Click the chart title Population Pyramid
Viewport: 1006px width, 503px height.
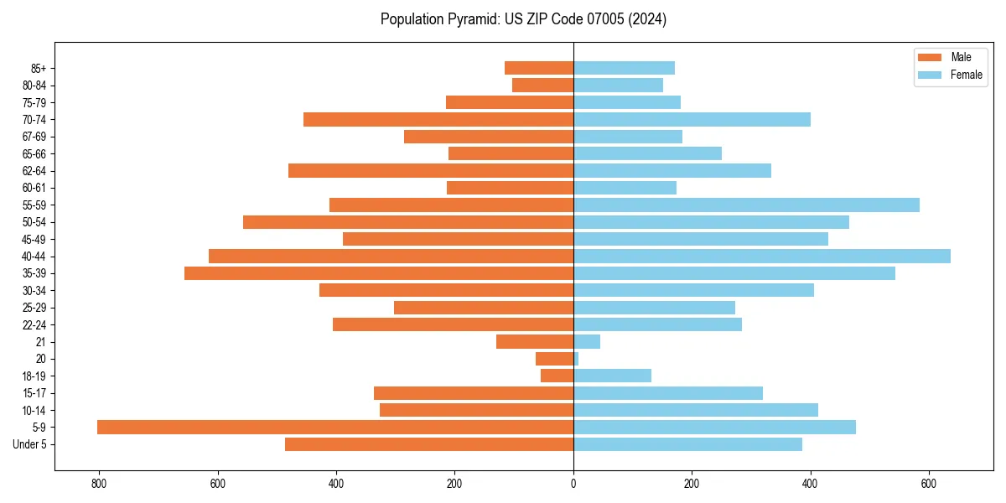pos(523,19)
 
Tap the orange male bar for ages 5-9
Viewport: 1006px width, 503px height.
pos(335,428)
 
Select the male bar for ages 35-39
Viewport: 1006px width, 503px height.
pos(379,273)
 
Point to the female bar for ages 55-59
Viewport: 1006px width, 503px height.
pos(746,205)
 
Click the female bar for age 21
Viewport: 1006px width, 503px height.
pos(587,342)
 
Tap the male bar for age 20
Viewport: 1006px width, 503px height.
pos(555,359)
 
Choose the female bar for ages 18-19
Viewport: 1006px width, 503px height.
pos(612,376)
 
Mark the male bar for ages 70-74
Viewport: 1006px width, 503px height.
pos(438,120)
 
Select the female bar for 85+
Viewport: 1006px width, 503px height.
pos(624,68)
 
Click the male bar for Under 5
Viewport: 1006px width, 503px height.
pos(429,444)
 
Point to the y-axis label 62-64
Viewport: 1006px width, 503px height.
pos(34,171)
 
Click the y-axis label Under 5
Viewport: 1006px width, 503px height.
pos(30,444)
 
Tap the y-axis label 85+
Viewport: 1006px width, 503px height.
pos(38,68)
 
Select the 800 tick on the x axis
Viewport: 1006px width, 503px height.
pos(100,484)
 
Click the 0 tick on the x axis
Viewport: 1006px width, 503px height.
pos(573,484)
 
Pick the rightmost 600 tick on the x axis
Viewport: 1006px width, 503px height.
pos(928,484)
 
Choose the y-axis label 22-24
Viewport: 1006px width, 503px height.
pos(34,325)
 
